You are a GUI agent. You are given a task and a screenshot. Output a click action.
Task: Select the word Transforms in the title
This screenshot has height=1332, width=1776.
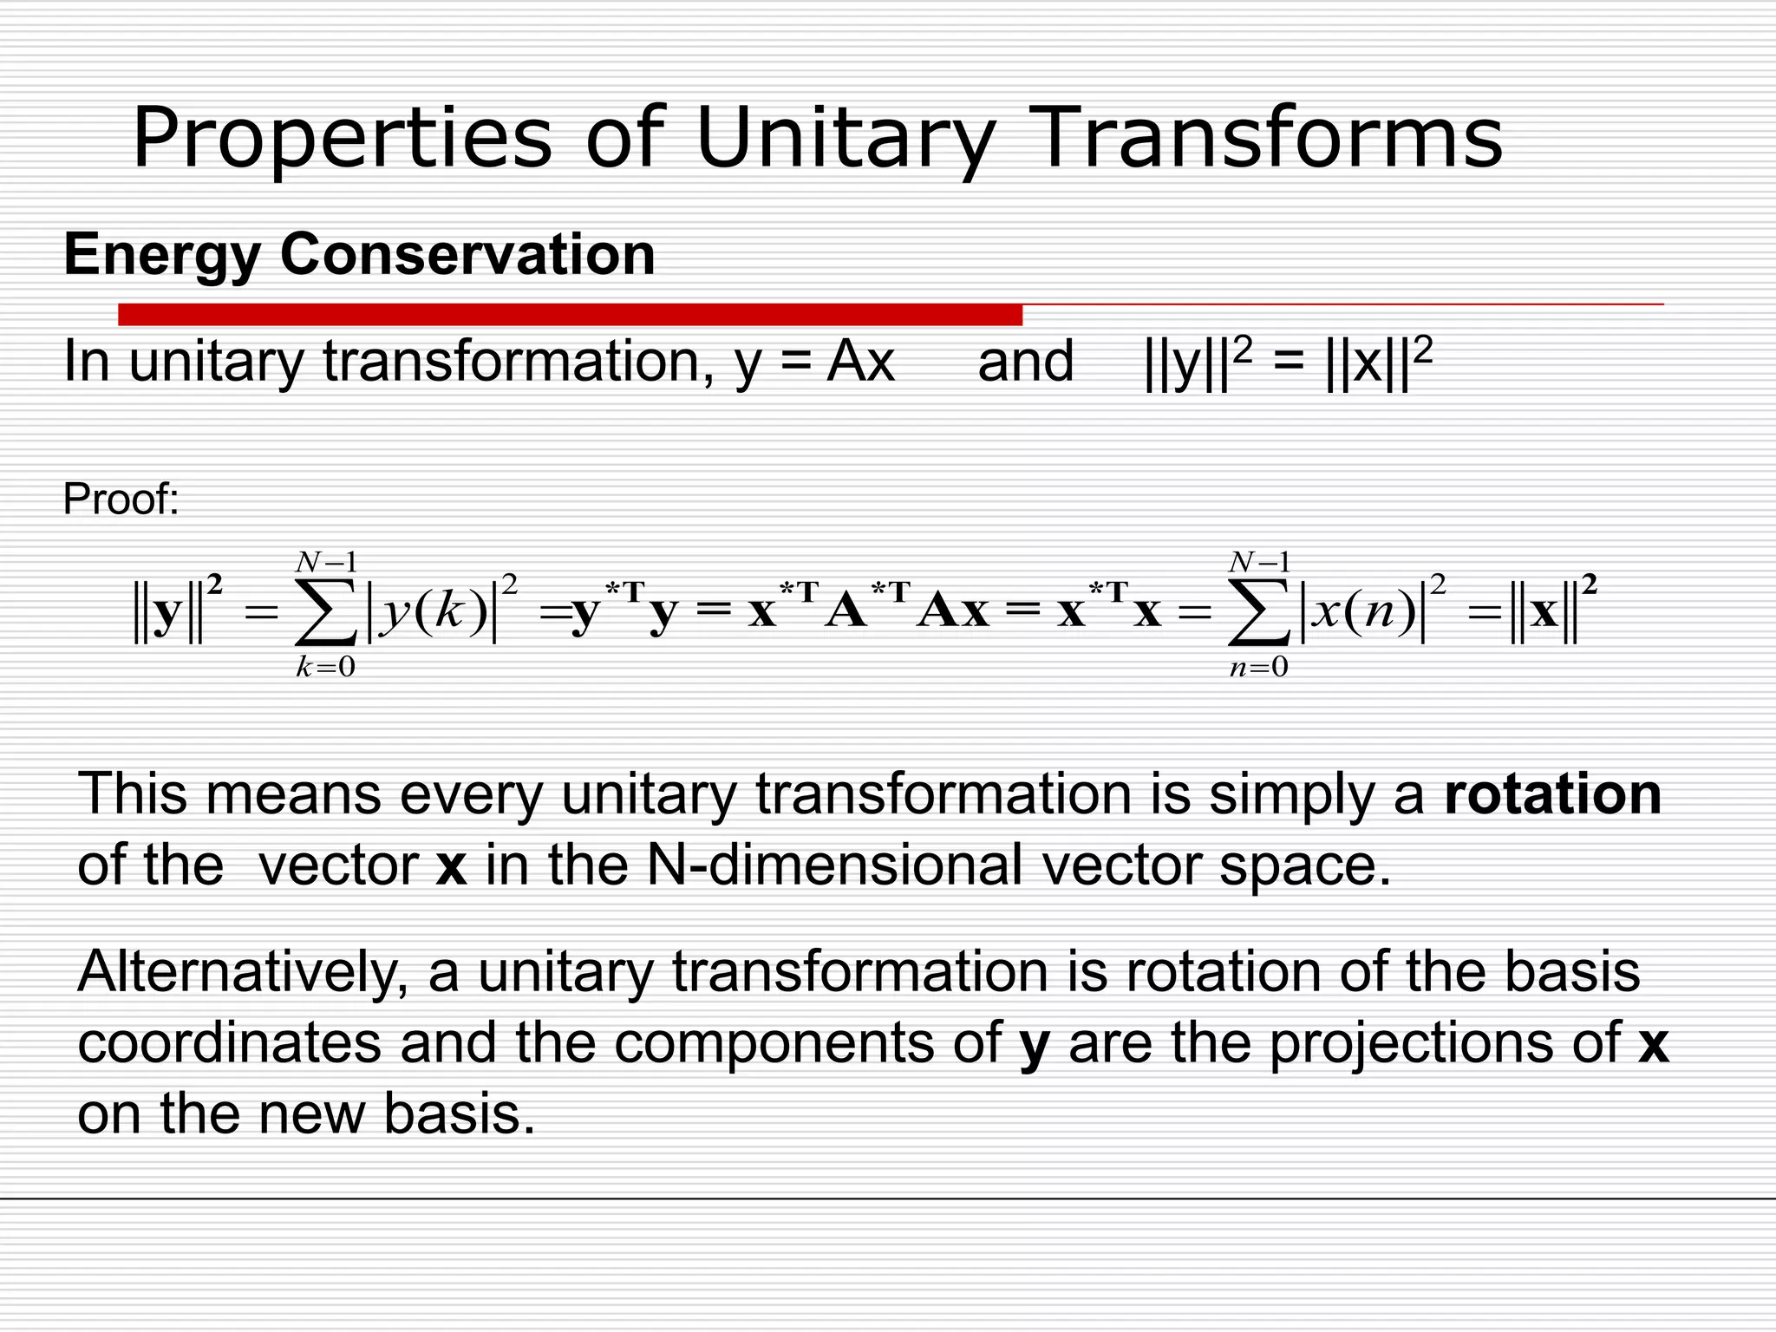coord(1268,139)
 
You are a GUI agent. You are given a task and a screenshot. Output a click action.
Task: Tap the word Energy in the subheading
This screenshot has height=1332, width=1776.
coord(162,255)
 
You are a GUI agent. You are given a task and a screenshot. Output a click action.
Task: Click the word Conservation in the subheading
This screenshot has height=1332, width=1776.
coord(467,255)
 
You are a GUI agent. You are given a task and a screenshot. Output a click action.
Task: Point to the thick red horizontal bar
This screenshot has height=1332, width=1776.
coord(570,315)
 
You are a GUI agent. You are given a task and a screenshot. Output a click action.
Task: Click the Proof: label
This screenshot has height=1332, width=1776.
coord(121,499)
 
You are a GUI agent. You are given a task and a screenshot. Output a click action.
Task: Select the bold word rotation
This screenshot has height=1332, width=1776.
coord(1552,793)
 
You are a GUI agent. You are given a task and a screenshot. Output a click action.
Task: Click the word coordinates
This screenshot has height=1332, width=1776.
coord(229,1042)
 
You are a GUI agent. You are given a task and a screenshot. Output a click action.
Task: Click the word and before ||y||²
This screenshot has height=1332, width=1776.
coord(1025,362)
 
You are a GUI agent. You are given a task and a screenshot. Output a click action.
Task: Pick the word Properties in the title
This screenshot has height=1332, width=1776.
coord(342,139)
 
